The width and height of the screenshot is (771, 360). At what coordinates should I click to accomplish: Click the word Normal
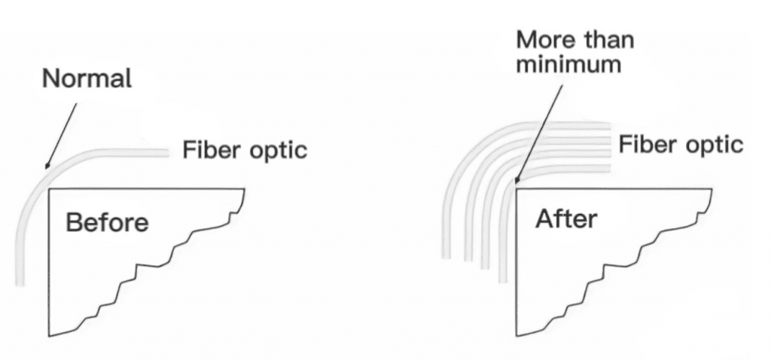point(87,78)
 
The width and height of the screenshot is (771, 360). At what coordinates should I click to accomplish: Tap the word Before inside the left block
point(107,223)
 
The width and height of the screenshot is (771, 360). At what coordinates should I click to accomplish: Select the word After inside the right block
point(566,219)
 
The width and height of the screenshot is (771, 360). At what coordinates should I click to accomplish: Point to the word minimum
point(569,65)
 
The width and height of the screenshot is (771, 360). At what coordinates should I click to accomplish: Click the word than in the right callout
point(608,40)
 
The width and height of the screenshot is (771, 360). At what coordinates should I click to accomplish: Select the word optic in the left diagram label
point(279,151)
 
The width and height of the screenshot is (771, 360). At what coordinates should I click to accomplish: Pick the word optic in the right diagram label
point(715,145)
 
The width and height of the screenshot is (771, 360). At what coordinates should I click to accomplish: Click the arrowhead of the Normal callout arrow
point(47,166)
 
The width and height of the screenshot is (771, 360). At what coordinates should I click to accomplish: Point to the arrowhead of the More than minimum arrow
point(516,180)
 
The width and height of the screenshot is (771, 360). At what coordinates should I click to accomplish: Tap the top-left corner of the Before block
point(49,189)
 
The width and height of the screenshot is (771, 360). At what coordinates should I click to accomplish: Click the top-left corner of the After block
point(516,189)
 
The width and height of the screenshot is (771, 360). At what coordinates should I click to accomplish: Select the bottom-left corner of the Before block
point(49,337)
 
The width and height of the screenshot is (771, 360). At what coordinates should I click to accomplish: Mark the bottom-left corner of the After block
point(517,337)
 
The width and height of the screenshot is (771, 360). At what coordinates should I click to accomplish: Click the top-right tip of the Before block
point(245,189)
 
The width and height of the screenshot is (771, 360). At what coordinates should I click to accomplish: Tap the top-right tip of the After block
point(712,189)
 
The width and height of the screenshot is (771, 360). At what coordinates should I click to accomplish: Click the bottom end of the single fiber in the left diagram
point(20,285)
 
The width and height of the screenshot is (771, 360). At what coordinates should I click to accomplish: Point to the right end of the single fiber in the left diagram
point(168,154)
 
